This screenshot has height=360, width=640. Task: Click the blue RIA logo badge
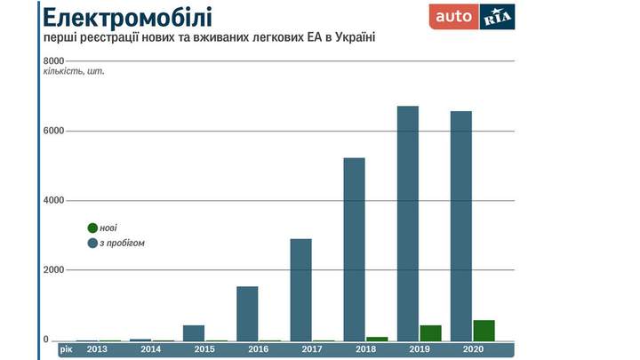(x=497, y=17)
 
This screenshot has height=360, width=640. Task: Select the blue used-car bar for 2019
(x=408, y=222)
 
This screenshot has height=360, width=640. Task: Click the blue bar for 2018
(x=354, y=249)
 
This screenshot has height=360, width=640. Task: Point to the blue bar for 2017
(x=300, y=289)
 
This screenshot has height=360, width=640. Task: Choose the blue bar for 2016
(x=247, y=313)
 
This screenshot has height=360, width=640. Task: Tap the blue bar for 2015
(x=194, y=332)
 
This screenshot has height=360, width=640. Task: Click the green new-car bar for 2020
(x=484, y=330)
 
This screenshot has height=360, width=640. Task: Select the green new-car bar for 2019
(x=430, y=332)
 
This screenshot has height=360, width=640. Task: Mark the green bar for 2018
(x=377, y=338)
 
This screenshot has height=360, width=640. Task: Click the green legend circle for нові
(x=92, y=228)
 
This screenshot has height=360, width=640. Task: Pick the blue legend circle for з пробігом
(x=92, y=243)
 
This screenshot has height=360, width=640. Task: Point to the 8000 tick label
(x=53, y=60)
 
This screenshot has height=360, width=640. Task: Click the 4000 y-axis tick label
(x=53, y=200)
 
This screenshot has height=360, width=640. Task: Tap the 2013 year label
(x=99, y=349)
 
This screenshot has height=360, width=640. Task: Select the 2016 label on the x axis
(x=258, y=349)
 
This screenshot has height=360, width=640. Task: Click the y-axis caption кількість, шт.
(x=74, y=71)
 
